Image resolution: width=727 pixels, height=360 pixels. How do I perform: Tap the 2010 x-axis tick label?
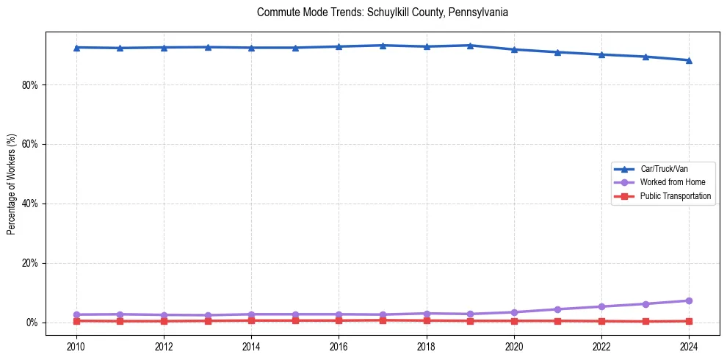(76, 345)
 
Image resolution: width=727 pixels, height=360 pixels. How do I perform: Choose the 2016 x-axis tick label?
(339, 345)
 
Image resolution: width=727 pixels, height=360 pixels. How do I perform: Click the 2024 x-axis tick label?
(689, 345)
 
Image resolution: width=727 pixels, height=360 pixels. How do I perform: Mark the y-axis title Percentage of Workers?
(12, 184)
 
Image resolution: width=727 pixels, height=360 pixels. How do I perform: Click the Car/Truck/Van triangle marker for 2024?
(689, 60)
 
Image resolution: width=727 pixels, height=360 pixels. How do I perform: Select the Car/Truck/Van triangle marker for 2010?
(76, 48)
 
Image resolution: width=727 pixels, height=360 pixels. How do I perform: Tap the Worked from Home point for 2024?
(689, 300)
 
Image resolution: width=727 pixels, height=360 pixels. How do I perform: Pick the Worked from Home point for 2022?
(601, 306)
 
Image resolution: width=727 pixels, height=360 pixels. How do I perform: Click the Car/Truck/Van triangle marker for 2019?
(470, 46)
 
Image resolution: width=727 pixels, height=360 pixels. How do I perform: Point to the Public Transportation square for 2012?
(164, 321)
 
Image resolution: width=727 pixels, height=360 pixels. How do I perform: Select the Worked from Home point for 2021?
(557, 309)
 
